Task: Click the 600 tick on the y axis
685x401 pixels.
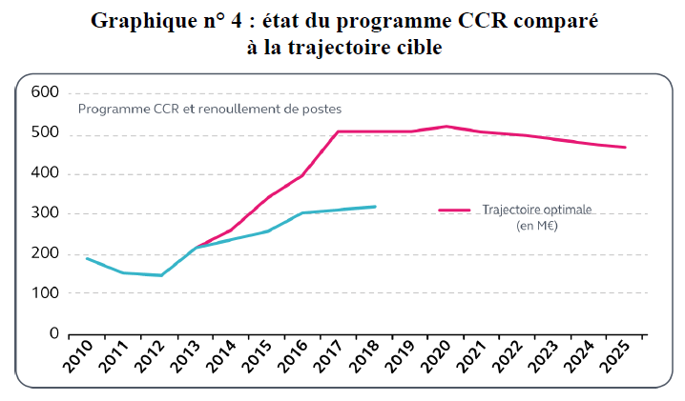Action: (x=45, y=92)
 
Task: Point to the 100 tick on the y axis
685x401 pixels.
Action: (x=45, y=294)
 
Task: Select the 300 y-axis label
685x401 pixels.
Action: (x=45, y=213)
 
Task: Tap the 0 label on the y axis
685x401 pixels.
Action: (x=53, y=334)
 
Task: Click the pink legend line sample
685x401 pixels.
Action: (x=455, y=210)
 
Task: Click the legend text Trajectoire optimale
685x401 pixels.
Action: (x=537, y=210)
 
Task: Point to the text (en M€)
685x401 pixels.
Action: (x=537, y=226)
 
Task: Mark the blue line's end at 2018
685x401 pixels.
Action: (x=376, y=207)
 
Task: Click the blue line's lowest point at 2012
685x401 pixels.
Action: (x=160, y=275)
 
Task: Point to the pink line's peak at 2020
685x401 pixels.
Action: (x=446, y=126)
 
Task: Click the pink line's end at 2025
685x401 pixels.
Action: (x=626, y=147)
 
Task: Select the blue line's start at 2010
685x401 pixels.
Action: (x=87, y=258)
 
